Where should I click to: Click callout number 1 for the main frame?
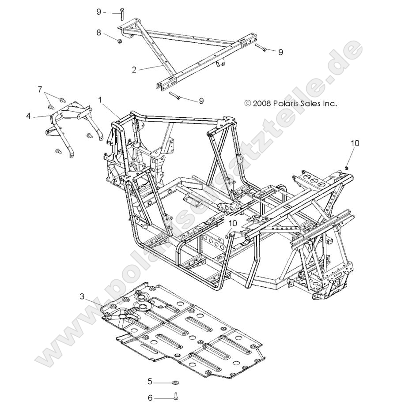pyautogui.click(x=100, y=101)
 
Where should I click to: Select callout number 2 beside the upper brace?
pyautogui.click(x=133, y=69)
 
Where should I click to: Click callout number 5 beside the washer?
pyautogui.click(x=150, y=381)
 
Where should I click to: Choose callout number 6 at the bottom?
pyautogui.click(x=150, y=397)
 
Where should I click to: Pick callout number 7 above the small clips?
pyautogui.click(x=41, y=89)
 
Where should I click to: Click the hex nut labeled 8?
pyautogui.click(x=120, y=41)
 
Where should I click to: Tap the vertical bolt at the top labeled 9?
pyautogui.click(x=121, y=15)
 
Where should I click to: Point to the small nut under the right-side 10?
pyautogui.click(x=347, y=167)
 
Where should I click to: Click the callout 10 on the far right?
pyautogui.click(x=355, y=143)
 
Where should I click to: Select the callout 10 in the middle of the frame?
pyautogui.click(x=233, y=223)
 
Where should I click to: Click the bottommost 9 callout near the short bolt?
pyautogui.click(x=201, y=101)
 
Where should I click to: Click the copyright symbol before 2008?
pyautogui.click(x=248, y=104)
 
